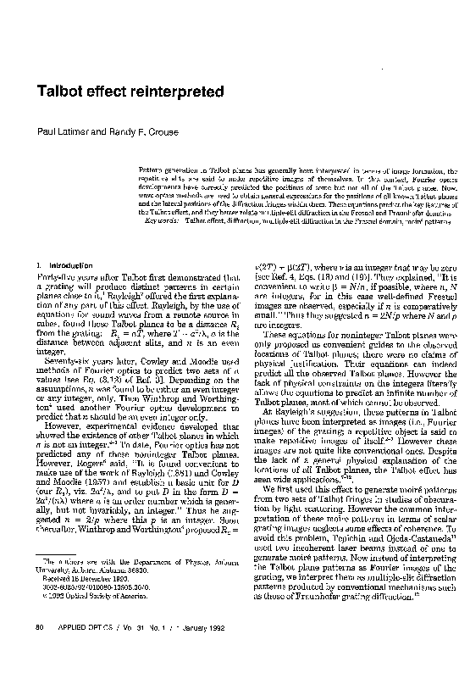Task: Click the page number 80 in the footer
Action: [39, 648]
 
